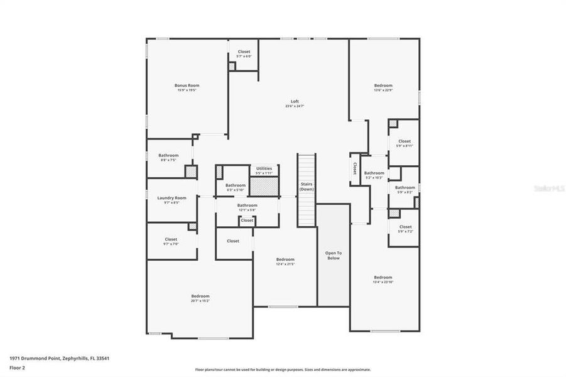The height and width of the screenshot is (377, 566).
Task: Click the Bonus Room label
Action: [x=187, y=85]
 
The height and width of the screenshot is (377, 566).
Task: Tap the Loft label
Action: [x=295, y=102]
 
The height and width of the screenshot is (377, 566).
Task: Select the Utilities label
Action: [x=264, y=168]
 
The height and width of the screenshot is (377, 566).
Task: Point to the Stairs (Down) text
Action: [x=307, y=186]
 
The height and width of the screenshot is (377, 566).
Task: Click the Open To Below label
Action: [x=333, y=255]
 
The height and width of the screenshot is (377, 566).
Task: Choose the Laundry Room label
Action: [x=171, y=198]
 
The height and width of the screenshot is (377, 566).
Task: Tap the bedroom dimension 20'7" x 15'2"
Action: [x=200, y=301]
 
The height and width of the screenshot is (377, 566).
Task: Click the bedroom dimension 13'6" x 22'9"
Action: [x=383, y=90]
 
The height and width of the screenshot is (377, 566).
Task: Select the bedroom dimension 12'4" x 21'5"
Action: [x=285, y=264]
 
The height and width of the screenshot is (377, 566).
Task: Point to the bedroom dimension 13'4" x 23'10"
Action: [x=383, y=282]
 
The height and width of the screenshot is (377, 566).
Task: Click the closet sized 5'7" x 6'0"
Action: [x=244, y=57]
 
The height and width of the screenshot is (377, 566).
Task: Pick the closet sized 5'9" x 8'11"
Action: [x=405, y=146]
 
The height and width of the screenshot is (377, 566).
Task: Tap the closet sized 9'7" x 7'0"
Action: [x=171, y=243]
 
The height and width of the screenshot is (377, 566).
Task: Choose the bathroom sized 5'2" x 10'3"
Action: [x=374, y=178]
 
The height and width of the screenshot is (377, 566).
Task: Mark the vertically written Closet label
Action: [x=355, y=168]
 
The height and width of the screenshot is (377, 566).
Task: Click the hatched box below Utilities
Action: [x=264, y=186]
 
